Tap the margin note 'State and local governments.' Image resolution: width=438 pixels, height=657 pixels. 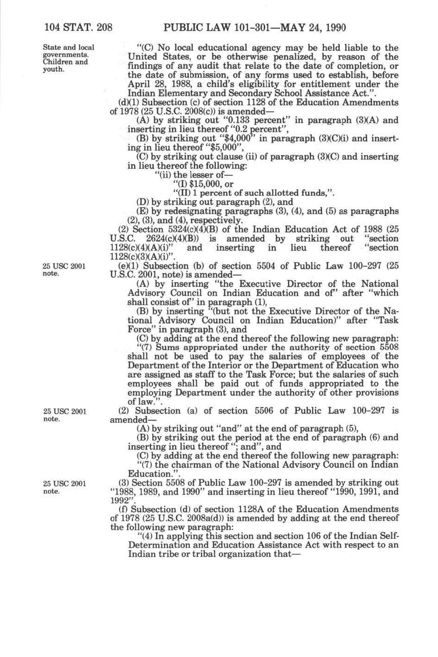68,51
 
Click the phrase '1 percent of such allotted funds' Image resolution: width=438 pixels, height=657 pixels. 259,193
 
